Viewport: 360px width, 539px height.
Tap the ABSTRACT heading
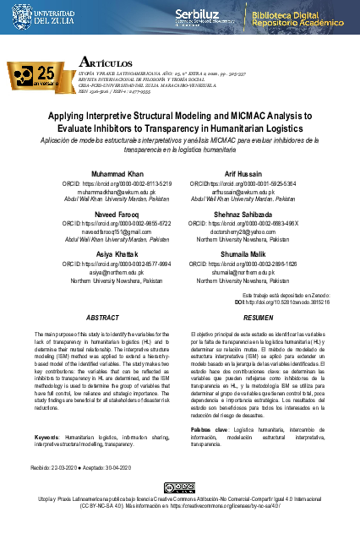103,293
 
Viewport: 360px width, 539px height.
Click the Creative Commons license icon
180,488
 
